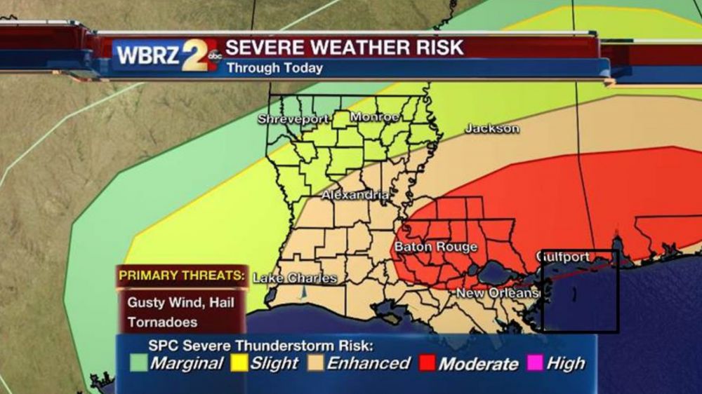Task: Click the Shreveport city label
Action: [x=293, y=119]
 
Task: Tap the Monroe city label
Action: [x=375, y=117]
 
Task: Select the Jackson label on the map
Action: [x=492, y=129]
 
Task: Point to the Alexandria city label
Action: [x=355, y=196]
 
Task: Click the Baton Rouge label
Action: [x=435, y=247]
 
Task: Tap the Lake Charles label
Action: [x=294, y=278]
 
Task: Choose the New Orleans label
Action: [x=497, y=292]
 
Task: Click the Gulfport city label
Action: [x=563, y=257]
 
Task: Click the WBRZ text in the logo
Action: [x=147, y=55]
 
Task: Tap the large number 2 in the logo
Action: [x=196, y=55]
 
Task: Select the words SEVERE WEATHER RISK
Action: [x=344, y=48]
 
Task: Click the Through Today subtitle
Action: [x=274, y=68]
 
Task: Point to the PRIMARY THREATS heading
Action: [x=182, y=276]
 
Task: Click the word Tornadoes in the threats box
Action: [x=163, y=322]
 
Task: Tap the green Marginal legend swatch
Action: [x=139, y=364]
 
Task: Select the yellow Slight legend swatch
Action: [x=239, y=364]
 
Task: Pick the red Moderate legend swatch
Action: [x=427, y=364]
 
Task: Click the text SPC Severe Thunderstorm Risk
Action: [x=260, y=346]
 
